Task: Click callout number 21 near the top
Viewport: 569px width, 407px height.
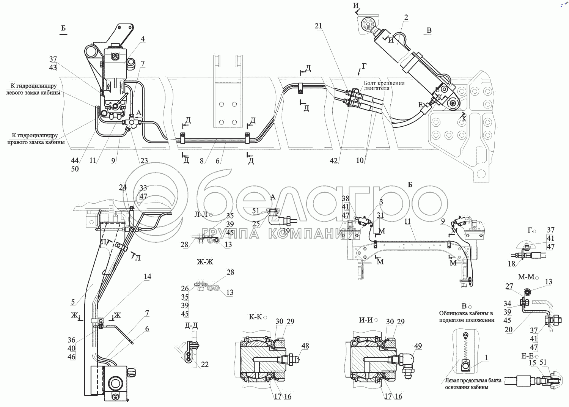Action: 318,26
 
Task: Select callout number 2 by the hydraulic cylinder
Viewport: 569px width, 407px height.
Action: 406,17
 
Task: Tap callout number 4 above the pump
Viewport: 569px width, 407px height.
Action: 142,39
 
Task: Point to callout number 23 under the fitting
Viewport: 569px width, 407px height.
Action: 144,160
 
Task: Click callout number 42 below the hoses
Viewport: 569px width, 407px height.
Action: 333,160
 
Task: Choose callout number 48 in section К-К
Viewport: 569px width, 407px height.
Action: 305,346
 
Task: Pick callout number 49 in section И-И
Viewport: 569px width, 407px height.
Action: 418,346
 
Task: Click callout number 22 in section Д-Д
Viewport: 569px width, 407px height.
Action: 205,365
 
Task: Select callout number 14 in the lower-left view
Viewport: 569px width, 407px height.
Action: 148,277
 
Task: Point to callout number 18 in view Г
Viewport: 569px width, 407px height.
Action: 511,264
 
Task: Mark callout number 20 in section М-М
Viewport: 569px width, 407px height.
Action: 508,330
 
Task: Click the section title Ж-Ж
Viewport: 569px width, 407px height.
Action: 205,262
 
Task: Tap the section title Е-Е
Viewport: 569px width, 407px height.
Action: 527,356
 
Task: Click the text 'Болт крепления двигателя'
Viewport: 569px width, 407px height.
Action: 384,86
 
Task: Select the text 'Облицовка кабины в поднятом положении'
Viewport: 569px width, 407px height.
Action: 466,317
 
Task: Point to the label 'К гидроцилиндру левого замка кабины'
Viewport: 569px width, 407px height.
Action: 33,89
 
